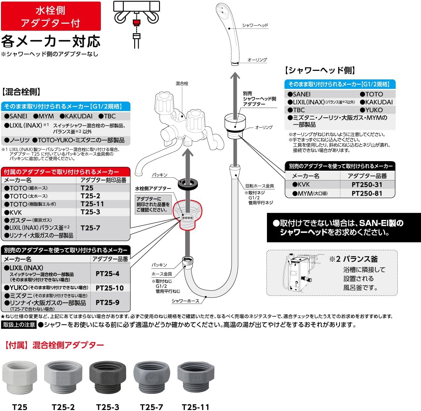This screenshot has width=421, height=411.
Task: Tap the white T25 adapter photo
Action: click(20, 377)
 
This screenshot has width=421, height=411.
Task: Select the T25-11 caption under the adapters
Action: click(196, 407)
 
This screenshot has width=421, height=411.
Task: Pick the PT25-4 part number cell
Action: click(107, 274)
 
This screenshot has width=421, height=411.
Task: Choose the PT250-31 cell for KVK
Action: click(367, 185)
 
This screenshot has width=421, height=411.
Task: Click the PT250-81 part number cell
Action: click(367, 193)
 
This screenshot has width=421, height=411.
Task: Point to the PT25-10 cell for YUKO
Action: click(110, 288)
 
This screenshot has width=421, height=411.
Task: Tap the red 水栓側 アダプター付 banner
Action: click(51, 16)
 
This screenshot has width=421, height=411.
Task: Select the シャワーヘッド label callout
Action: click(255, 25)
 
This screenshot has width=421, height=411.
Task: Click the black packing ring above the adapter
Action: click(188, 183)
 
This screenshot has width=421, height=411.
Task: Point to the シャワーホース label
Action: click(185, 301)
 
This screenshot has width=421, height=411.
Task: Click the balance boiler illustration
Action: click(299, 272)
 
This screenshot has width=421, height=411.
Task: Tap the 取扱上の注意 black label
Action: click(19, 325)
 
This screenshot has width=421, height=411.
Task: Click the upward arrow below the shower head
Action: click(235, 93)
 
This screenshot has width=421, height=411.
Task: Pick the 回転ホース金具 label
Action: click(259, 186)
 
